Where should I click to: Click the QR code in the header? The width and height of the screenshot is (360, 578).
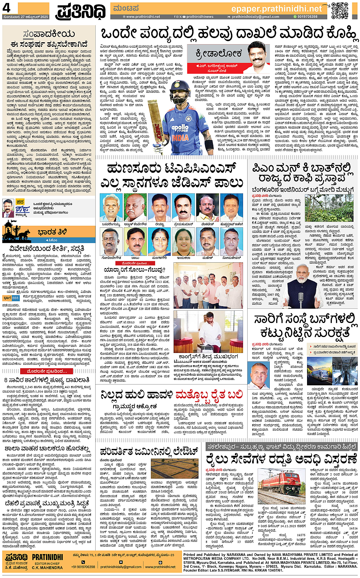(x=339, y=10)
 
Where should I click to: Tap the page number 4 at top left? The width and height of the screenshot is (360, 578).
(x=6, y=8)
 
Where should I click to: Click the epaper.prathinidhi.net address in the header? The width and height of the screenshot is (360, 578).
(x=277, y=9)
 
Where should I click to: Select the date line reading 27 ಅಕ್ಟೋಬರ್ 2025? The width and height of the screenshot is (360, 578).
(x=26, y=17)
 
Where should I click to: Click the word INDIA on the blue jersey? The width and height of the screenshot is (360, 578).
(x=180, y=137)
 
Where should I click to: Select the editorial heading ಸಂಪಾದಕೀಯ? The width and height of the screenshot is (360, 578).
(x=48, y=35)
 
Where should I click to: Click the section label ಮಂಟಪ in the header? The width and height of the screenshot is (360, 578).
(x=126, y=8)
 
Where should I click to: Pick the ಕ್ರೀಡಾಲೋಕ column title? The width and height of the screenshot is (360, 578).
(x=218, y=53)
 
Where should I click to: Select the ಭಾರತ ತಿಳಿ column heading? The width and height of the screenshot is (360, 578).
(x=52, y=232)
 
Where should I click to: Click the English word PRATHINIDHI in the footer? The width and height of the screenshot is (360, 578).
(x=47, y=557)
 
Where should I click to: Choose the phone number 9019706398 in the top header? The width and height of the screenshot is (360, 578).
(x=307, y=17)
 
